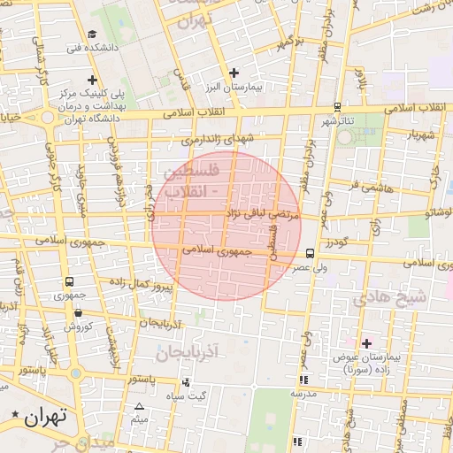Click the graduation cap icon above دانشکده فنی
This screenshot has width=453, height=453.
92,34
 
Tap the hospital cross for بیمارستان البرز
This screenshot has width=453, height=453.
234,73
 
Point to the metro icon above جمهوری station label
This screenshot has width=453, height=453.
69,282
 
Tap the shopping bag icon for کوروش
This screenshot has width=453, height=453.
79,311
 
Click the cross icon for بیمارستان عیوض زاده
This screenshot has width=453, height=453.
367,342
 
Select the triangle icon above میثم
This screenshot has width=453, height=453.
138,407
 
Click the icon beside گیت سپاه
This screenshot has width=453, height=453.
186,382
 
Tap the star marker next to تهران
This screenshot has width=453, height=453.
16,414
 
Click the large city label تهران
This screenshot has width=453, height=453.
47,415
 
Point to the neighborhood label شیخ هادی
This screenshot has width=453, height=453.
389,298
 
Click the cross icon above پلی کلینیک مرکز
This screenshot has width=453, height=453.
104,81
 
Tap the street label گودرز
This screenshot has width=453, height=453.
338,242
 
